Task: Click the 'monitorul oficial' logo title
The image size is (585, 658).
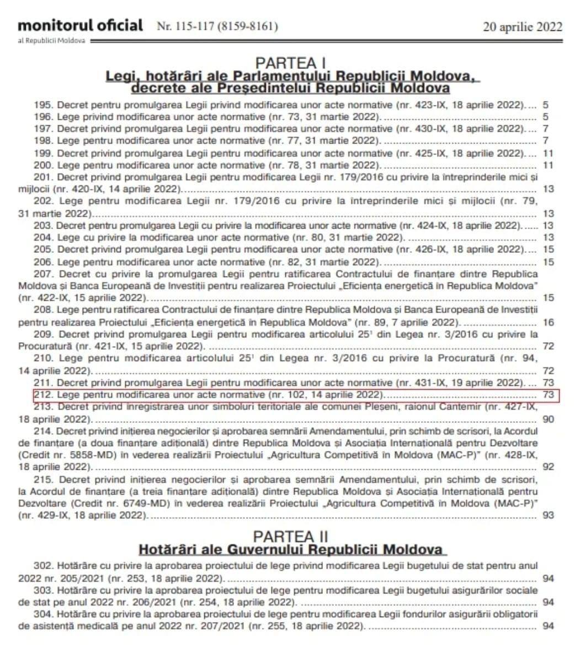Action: pyautogui.click(x=80, y=25)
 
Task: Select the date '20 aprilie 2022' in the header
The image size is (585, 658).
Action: pyautogui.click(x=523, y=27)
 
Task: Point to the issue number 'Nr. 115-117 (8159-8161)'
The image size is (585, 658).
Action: pyautogui.click(x=217, y=26)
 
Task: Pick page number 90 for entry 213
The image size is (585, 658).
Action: pyautogui.click(x=548, y=420)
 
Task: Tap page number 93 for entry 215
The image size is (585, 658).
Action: pyautogui.click(x=548, y=516)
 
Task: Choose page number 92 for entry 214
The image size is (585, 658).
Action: pyautogui.click(x=548, y=467)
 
